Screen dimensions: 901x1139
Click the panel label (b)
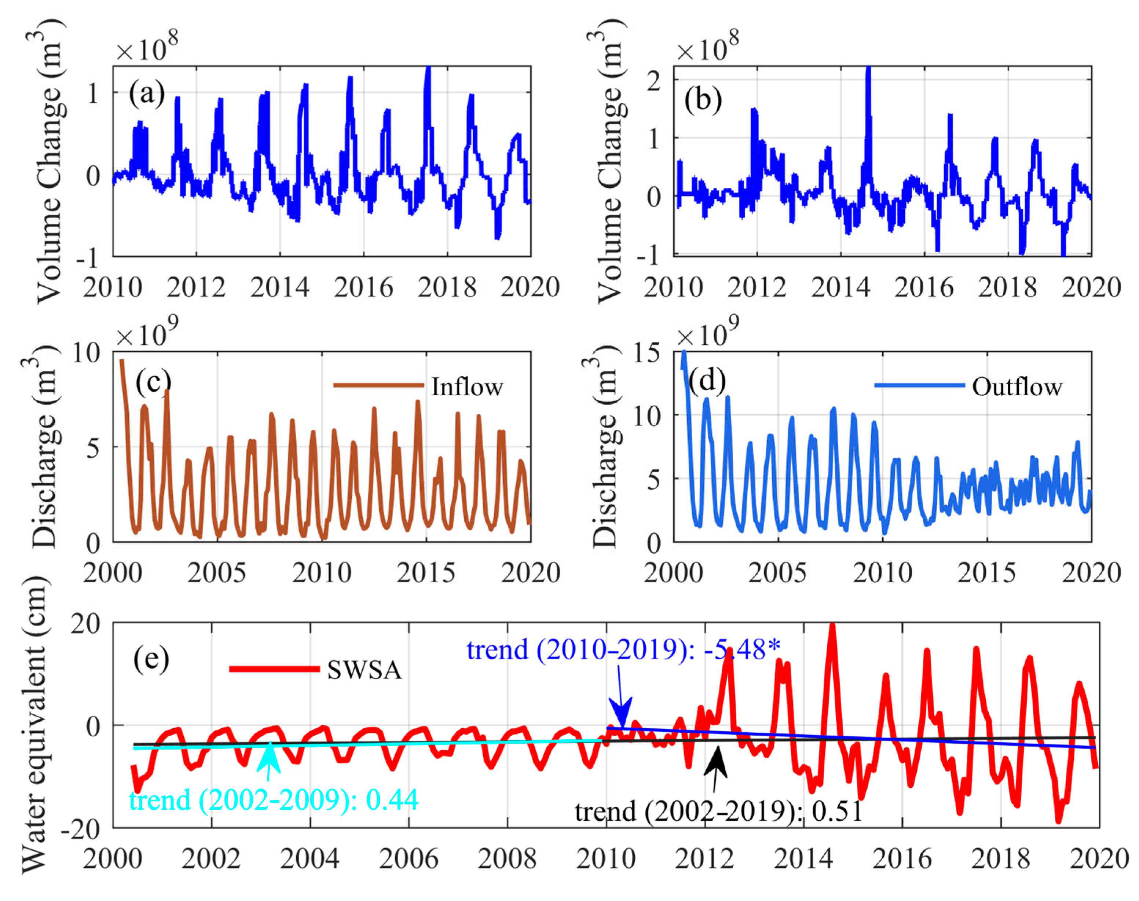tap(702, 100)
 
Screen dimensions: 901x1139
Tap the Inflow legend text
tap(467, 387)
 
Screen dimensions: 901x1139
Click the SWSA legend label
tap(364, 670)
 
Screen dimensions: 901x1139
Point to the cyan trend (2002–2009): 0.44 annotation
tap(273, 800)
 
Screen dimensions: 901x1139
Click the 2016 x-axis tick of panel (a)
tap(363, 287)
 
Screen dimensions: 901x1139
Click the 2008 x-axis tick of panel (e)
tap(507, 859)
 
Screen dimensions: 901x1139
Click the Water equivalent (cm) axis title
tap(35, 725)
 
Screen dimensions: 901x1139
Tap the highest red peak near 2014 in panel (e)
tap(832, 627)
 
